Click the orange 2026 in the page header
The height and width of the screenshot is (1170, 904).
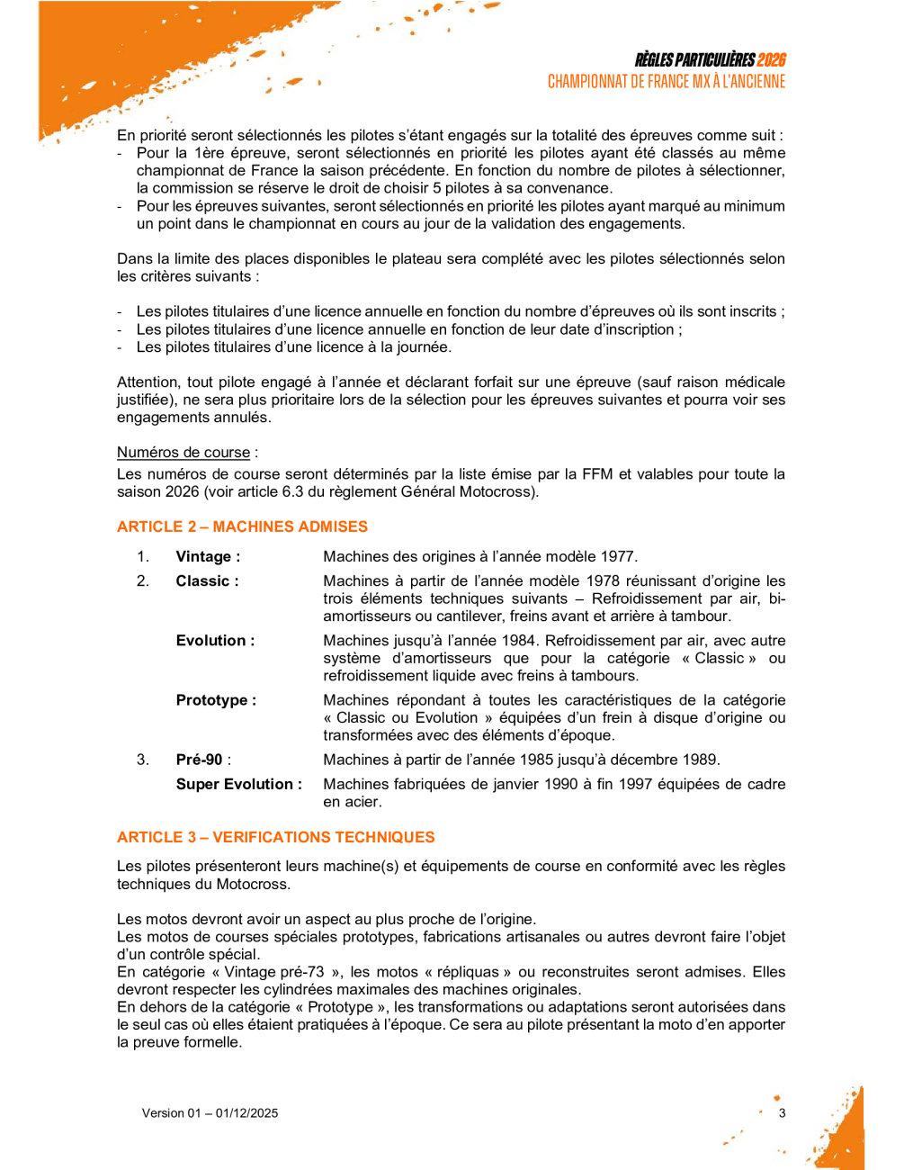(x=771, y=60)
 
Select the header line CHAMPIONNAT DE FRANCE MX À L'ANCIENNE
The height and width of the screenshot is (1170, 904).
(x=667, y=82)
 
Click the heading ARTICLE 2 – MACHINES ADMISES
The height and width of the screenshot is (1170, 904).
(x=242, y=526)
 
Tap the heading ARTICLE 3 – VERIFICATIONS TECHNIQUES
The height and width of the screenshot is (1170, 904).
(x=275, y=837)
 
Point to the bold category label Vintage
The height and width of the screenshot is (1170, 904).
(x=204, y=557)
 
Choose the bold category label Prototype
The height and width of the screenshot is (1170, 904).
(x=214, y=700)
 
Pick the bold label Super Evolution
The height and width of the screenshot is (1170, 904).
(x=237, y=785)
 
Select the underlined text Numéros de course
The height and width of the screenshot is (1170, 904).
(x=183, y=453)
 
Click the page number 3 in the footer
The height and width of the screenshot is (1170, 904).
(x=782, y=1113)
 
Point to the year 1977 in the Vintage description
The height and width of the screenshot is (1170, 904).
(x=618, y=557)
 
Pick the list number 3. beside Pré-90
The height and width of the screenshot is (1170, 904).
(x=143, y=760)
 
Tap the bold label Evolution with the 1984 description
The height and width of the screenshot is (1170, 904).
(x=214, y=641)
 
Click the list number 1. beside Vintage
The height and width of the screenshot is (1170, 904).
(x=143, y=557)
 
